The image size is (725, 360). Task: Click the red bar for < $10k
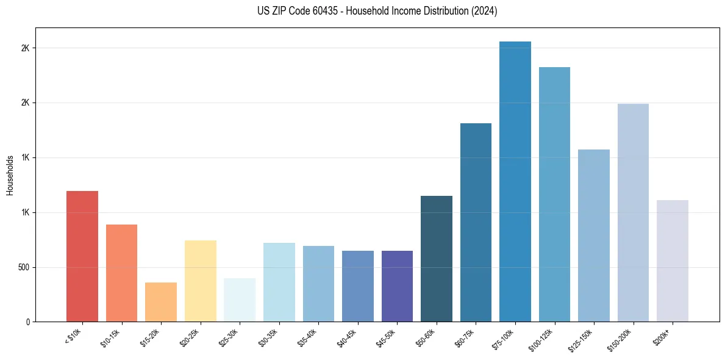tap(82, 256)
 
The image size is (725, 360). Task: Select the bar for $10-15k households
tap(121, 273)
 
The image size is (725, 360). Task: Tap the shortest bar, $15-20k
tap(161, 302)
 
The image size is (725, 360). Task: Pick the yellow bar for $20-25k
tap(200, 281)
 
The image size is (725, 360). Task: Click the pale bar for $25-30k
tap(240, 300)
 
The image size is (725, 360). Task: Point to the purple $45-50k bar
tap(397, 286)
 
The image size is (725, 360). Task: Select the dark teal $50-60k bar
tap(437, 259)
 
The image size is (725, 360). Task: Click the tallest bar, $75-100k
tap(515, 181)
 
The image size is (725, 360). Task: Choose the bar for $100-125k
tap(554, 194)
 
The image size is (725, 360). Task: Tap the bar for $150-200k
tap(633, 212)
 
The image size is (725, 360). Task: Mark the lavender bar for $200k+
tap(673, 261)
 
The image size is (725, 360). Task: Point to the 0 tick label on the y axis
tap(27, 322)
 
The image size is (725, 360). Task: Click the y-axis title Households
tap(10, 175)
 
